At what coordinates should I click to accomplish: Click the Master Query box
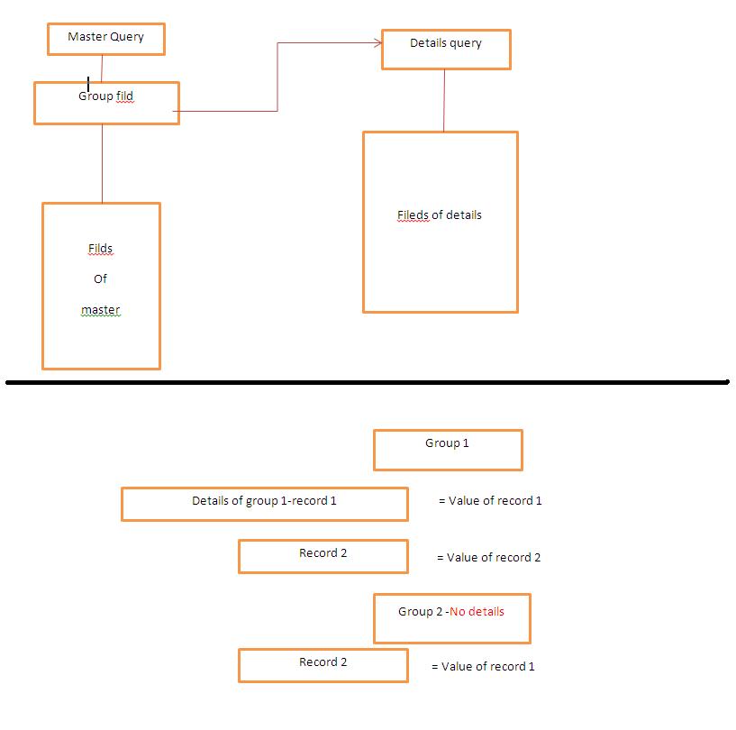(106, 38)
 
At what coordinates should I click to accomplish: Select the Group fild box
(106, 103)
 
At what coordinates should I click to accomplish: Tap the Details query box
(446, 49)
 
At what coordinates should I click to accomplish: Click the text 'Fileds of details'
(440, 215)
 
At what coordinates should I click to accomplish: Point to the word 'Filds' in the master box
(100, 249)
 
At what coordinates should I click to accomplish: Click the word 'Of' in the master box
(100, 279)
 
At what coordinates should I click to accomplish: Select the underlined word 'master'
(100, 310)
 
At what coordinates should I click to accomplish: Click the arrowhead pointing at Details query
(377, 42)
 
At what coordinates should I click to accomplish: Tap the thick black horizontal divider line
(368, 382)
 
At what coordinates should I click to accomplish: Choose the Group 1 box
(448, 449)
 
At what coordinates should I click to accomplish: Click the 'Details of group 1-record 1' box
(264, 503)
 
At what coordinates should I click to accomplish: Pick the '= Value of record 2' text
(488, 558)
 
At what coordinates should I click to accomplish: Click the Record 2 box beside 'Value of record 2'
(323, 555)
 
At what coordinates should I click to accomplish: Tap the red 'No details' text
(477, 612)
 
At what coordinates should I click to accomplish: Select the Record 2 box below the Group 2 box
(323, 664)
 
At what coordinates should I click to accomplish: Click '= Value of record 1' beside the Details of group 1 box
(490, 501)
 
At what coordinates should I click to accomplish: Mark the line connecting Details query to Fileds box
(444, 100)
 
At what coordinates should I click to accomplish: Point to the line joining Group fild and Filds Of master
(102, 163)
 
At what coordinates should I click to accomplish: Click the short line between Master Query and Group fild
(103, 68)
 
